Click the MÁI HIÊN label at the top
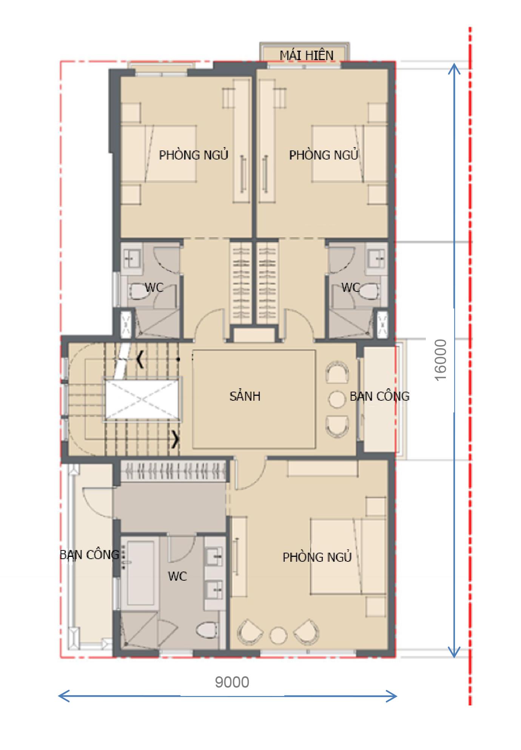[307, 56]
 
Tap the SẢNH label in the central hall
[245, 396]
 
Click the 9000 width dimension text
[232, 682]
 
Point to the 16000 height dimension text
[441, 360]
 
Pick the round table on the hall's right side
[336, 399]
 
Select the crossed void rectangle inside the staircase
[142, 399]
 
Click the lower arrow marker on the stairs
[176, 439]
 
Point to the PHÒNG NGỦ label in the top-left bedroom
[194, 155]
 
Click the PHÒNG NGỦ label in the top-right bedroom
[324, 155]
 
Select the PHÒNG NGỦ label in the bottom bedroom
[317, 557]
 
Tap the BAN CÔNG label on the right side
[379, 396]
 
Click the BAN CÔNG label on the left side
[89, 555]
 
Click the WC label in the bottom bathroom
[177, 576]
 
